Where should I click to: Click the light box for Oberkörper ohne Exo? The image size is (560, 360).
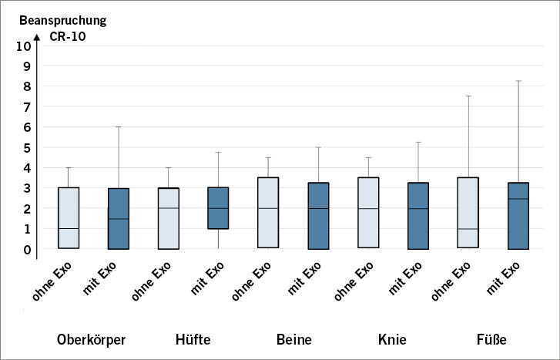pos(69,217)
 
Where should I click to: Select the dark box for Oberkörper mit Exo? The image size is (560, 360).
pos(118,218)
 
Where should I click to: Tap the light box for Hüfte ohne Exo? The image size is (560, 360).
pos(168,218)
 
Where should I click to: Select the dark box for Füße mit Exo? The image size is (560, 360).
pos(518,216)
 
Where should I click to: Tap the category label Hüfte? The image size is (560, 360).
pos(193,339)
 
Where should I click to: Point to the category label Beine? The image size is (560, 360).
pos(293,339)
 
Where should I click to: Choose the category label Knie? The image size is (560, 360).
pos(392,339)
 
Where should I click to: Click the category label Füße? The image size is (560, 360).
pos(491,339)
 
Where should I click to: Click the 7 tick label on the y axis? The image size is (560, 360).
pos(27,106)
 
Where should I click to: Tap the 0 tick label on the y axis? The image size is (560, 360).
pos(27,249)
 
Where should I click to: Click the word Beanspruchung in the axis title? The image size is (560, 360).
pos(58,19)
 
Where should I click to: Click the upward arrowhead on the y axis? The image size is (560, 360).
pos(38,35)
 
